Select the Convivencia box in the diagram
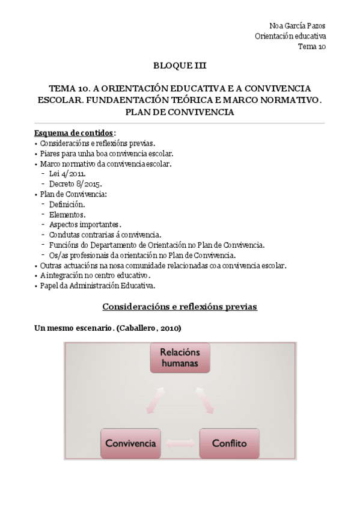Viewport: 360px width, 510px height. tap(130, 444)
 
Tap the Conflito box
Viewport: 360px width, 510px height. tap(229, 444)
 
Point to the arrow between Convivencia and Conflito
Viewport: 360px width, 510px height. tap(180, 444)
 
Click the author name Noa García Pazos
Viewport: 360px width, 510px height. tap(298, 26)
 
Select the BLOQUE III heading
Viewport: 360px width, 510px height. tap(180, 66)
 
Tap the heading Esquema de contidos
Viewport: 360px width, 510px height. tap(75, 133)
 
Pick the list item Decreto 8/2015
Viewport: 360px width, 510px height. tap(76, 184)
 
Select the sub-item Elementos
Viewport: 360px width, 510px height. tap(67, 214)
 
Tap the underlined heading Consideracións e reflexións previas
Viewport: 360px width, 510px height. tap(180, 307)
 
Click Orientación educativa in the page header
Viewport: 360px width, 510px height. tap(290, 36)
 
